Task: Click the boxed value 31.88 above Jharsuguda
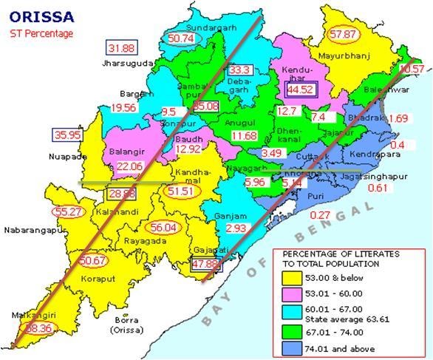tap(122, 48)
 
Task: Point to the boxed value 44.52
tap(301, 89)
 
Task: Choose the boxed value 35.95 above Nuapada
tap(67, 135)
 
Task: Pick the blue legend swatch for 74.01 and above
tap(290, 348)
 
